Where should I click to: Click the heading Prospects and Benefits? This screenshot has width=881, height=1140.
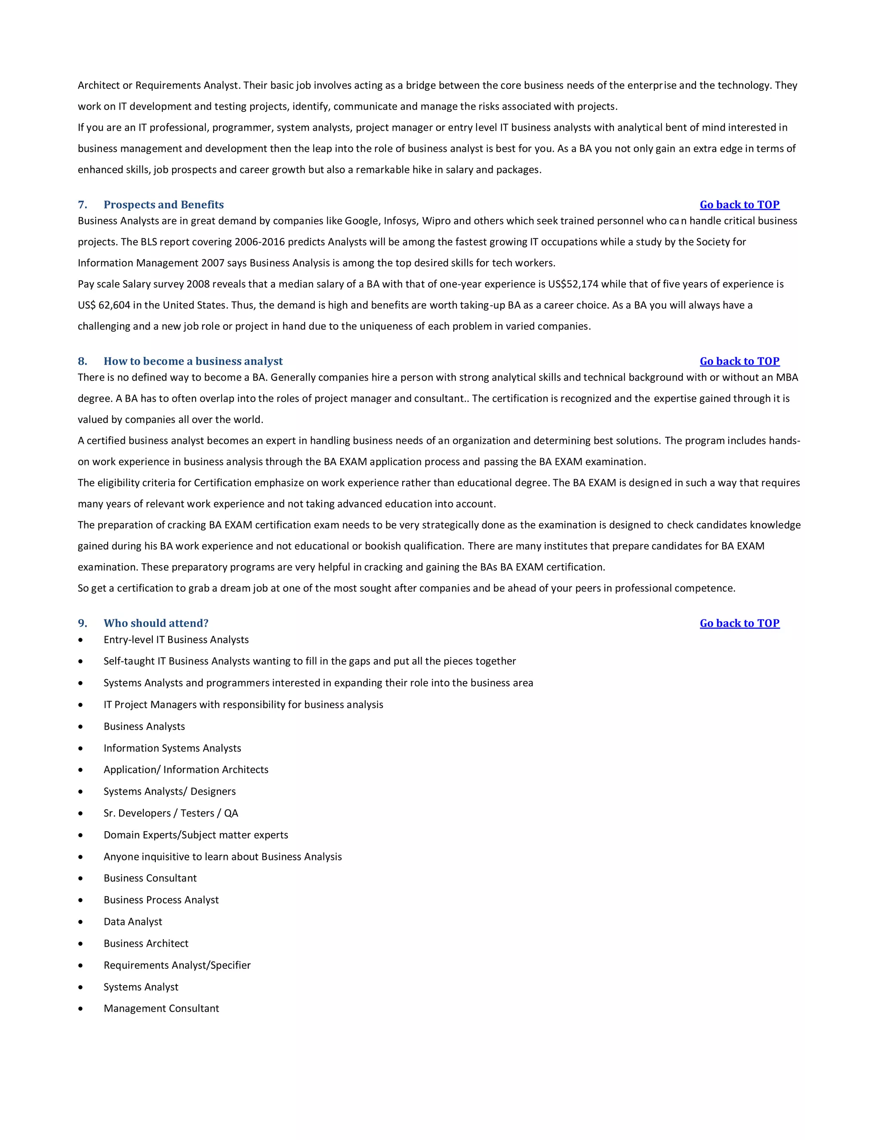(x=163, y=205)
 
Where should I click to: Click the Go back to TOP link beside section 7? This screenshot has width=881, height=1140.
(x=739, y=205)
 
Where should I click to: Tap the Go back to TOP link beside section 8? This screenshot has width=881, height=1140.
(x=739, y=361)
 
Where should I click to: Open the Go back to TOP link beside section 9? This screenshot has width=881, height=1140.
(x=739, y=623)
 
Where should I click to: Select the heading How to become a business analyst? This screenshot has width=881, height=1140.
(x=193, y=361)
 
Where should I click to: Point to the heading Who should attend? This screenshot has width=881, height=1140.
(x=156, y=623)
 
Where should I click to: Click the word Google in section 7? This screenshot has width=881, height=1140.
(x=362, y=221)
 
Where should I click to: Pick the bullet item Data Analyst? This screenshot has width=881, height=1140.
(x=132, y=922)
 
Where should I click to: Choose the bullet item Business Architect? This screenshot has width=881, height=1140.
(x=146, y=944)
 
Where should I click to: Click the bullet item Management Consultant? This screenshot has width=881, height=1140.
(x=161, y=1008)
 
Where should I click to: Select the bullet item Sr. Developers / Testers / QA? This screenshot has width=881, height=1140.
(x=171, y=813)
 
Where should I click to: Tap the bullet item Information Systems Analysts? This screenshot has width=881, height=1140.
(x=172, y=748)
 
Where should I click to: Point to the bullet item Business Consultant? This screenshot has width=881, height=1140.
(x=150, y=878)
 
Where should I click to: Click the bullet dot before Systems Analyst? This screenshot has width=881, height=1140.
(x=80, y=987)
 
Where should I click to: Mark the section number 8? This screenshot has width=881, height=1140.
(x=82, y=361)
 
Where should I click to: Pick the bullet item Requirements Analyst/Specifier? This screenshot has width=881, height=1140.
(x=177, y=965)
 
